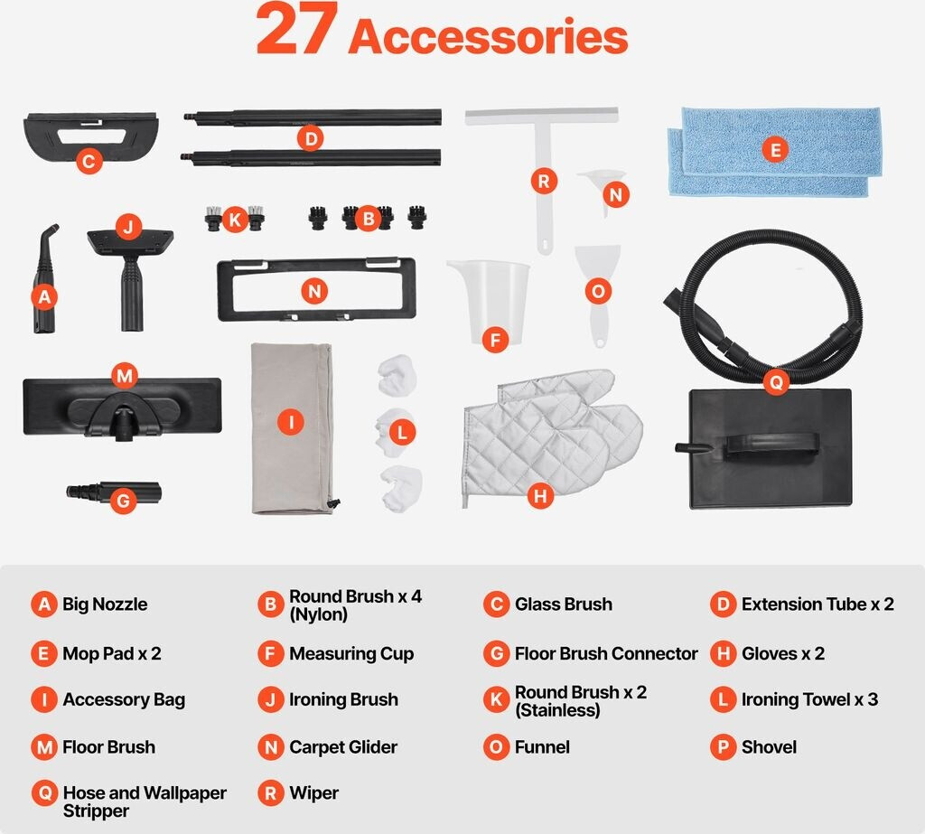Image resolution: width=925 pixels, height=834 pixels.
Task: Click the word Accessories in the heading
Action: click(x=489, y=36)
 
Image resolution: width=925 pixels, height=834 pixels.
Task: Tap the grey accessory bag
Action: click(x=293, y=428)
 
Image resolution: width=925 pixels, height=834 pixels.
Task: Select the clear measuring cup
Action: click(x=489, y=302)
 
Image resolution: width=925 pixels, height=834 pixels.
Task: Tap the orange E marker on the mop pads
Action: click(x=775, y=149)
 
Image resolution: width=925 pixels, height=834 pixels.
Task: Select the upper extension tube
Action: click(x=313, y=117)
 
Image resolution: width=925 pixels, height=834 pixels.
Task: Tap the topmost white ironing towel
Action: click(x=397, y=375)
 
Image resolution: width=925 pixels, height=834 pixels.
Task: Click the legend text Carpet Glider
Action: click(x=343, y=747)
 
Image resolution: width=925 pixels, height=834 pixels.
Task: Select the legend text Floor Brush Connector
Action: click(x=606, y=654)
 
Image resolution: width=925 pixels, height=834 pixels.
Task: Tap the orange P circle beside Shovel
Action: click(x=723, y=747)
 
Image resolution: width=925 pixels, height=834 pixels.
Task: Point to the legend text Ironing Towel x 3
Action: click(x=809, y=700)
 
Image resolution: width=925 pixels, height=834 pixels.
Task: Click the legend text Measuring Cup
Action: click(x=351, y=654)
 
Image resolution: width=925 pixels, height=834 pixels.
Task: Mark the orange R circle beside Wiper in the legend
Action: click(x=271, y=793)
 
